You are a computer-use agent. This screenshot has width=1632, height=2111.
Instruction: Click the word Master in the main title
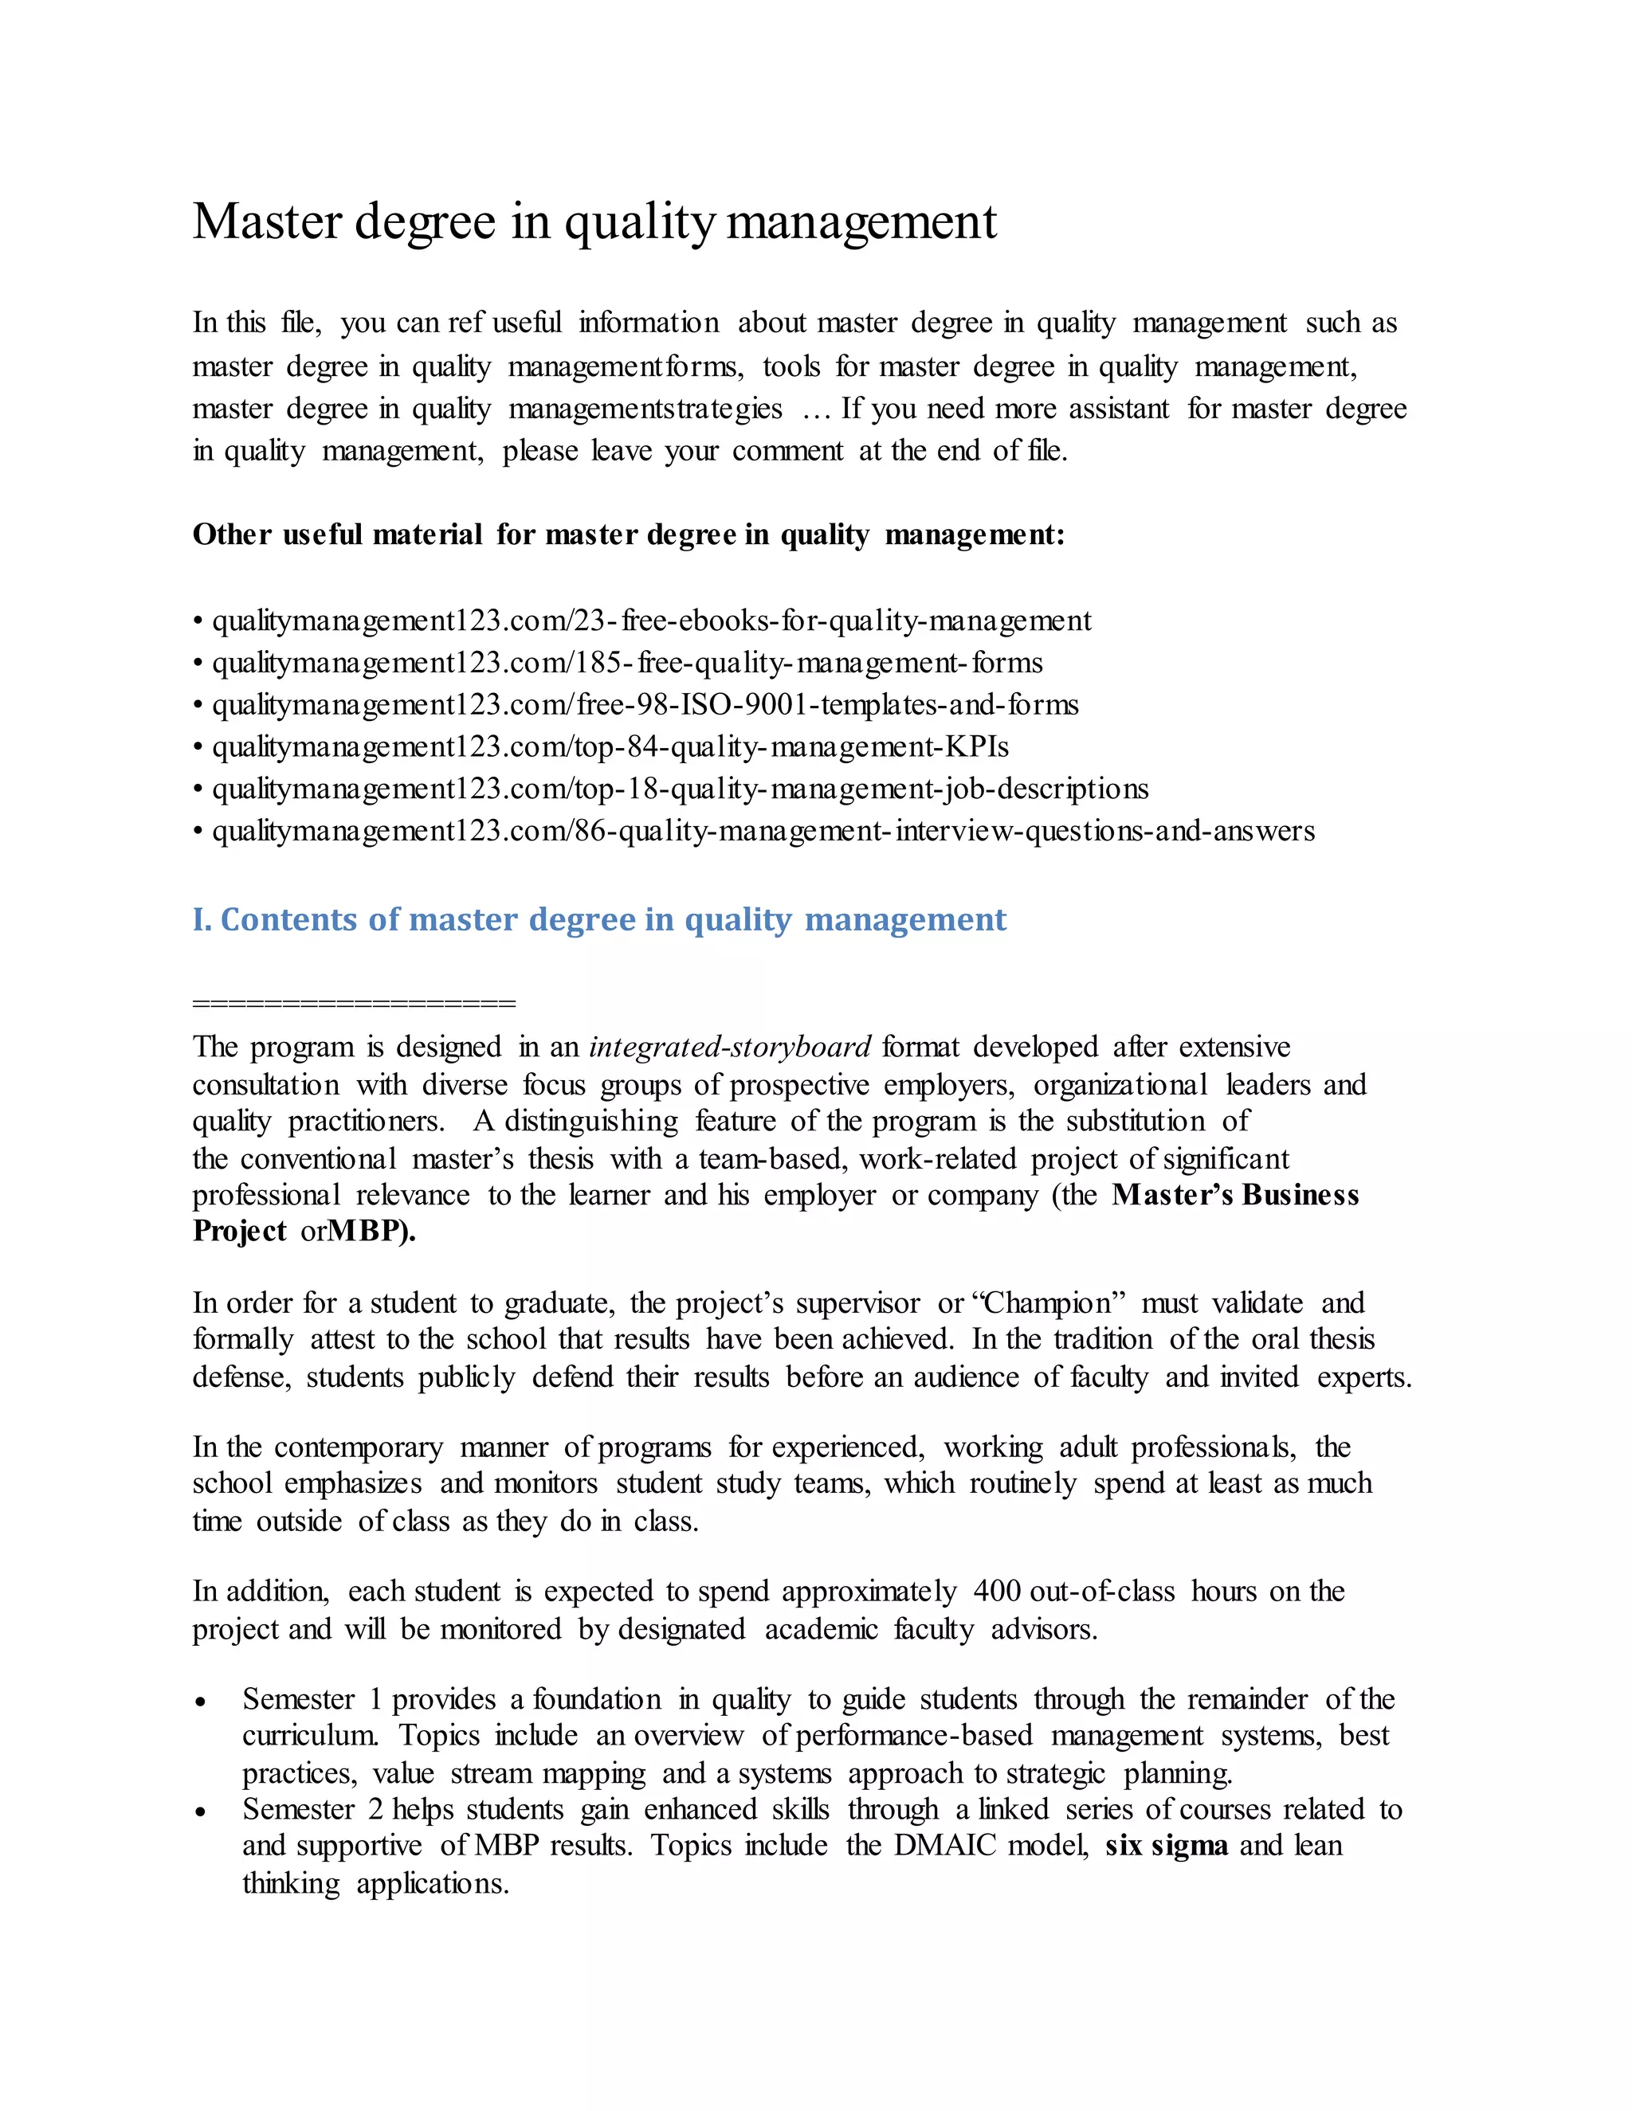[x=267, y=222]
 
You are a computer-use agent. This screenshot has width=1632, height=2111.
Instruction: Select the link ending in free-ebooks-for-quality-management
[x=651, y=621]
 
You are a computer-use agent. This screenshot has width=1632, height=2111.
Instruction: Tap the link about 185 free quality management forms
[x=626, y=663]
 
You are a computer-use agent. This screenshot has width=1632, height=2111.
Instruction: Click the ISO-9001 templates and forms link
[x=645, y=705]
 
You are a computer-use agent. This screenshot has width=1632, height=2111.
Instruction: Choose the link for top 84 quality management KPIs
[x=610, y=747]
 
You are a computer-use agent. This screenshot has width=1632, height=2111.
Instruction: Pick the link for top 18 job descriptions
[x=680, y=789]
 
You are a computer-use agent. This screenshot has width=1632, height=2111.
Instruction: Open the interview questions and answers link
[x=763, y=831]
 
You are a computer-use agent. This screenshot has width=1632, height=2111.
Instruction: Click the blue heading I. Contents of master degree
[x=599, y=919]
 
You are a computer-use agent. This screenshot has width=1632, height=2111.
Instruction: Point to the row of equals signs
[x=354, y=1003]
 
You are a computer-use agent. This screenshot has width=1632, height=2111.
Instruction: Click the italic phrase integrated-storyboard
[x=730, y=1048]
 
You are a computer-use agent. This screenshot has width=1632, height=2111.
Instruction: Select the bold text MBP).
[x=372, y=1232]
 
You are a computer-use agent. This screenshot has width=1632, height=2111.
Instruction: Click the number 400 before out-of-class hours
[x=997, y=1592]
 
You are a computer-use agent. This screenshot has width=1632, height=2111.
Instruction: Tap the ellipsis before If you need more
[x=817, y=409]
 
